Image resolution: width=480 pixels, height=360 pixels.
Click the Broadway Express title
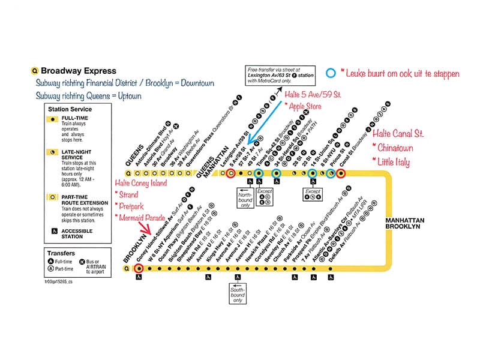pyautogui.click(x=78, y=70)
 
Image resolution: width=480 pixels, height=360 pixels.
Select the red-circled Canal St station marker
pyautogui.click(x=341, y=173)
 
